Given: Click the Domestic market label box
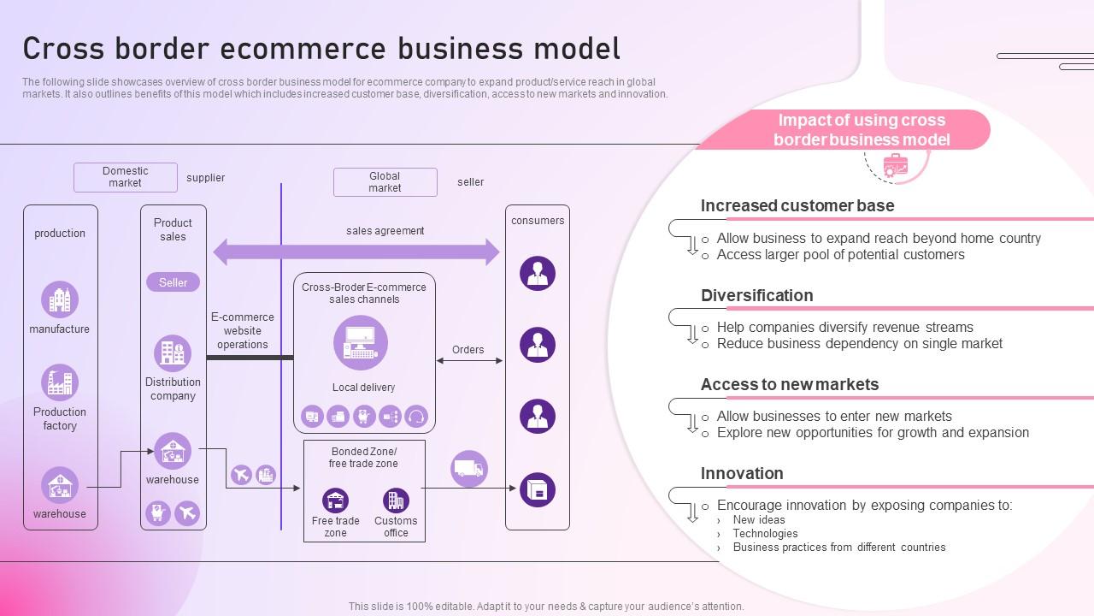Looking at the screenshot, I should [126, 177].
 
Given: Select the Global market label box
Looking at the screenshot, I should [385, 182].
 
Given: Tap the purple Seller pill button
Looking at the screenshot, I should [173, 282].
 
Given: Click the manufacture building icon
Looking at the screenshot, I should [60, 300].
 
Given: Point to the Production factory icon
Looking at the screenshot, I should [60, 382].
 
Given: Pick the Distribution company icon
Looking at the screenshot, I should [173, 353].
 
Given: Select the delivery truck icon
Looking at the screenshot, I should [469, 469].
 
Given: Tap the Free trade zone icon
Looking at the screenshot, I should [335, 500].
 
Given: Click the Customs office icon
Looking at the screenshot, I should [396, 500].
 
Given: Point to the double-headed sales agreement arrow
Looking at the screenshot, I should [356, 252].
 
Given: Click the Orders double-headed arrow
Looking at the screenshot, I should [469, 361].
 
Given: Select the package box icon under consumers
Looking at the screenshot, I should [538, 489].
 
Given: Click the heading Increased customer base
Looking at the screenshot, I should [797, 205].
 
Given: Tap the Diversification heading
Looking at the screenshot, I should [756, 295].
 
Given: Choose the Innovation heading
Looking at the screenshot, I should [742, 473].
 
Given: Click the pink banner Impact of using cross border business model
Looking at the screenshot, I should [862, 130].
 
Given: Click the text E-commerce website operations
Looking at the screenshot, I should [243, 330].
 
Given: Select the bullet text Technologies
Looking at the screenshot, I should [765, 533].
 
